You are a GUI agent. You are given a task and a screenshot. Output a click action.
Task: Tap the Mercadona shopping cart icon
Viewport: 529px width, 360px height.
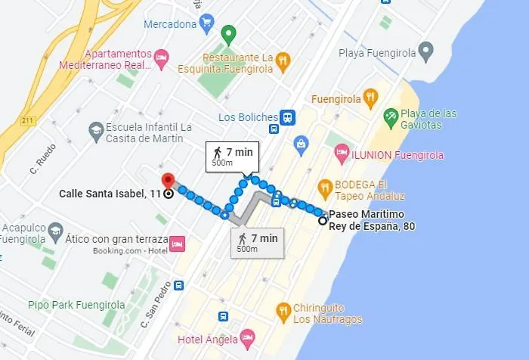click(206, 23)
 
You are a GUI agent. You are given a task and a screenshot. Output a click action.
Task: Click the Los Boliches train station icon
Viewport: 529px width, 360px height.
click(287, 117)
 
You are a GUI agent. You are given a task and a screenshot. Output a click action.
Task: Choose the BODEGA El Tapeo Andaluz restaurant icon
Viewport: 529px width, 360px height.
click(325, 186)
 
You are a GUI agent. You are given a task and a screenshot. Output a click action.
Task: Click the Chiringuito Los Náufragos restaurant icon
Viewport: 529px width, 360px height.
click(283, 310)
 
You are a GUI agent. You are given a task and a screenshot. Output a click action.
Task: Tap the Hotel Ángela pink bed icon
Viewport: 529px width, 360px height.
click(246, 336)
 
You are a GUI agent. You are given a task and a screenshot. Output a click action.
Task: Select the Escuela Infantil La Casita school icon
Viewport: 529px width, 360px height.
click(96, 132)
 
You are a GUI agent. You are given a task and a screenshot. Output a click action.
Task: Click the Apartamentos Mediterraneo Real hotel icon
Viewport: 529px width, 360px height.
click(160, 57)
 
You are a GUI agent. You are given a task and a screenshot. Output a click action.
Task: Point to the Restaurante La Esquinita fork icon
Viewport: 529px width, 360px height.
click(283, 60)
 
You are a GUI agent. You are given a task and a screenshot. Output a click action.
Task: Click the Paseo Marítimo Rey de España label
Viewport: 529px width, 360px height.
click(371, 220)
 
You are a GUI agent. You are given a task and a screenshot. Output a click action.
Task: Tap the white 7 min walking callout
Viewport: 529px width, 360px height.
click(232, 156)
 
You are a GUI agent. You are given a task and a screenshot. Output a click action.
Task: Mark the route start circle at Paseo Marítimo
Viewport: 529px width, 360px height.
click(323, 221)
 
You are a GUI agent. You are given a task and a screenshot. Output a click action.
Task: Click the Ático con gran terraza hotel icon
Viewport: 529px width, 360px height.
click(177, 244)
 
